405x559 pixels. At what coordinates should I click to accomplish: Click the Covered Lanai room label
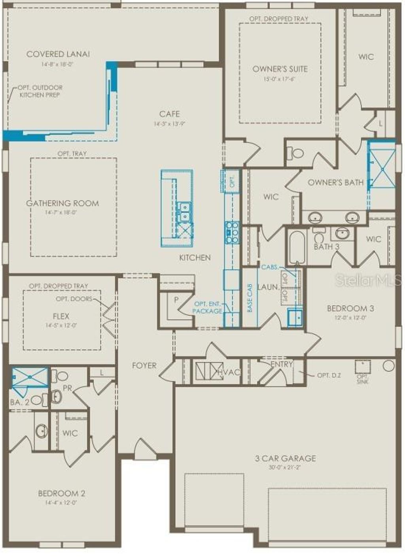coord(58,54)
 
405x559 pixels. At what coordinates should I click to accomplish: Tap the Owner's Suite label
coord(280,69)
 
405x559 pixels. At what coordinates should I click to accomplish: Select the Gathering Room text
coord(62,203)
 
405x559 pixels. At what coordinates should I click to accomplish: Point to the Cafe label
coord(169,114)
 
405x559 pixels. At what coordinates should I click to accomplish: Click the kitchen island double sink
coord(184,212)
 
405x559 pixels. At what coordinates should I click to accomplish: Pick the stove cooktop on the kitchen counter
coord(232,232)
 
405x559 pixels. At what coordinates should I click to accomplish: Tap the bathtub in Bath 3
coord(296,247)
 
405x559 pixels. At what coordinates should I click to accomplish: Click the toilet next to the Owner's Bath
coord(295,152)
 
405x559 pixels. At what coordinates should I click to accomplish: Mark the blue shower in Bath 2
coord(30,377)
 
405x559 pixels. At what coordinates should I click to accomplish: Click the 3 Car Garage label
coord(285,458)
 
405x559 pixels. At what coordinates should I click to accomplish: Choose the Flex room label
coord(61,316)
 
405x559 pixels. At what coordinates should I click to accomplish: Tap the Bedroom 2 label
coord(61,493)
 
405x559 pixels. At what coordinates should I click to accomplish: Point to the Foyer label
coord(144,366)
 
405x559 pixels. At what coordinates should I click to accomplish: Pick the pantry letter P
coord(176,300)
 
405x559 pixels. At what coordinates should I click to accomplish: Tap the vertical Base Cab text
coord(250,299)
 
